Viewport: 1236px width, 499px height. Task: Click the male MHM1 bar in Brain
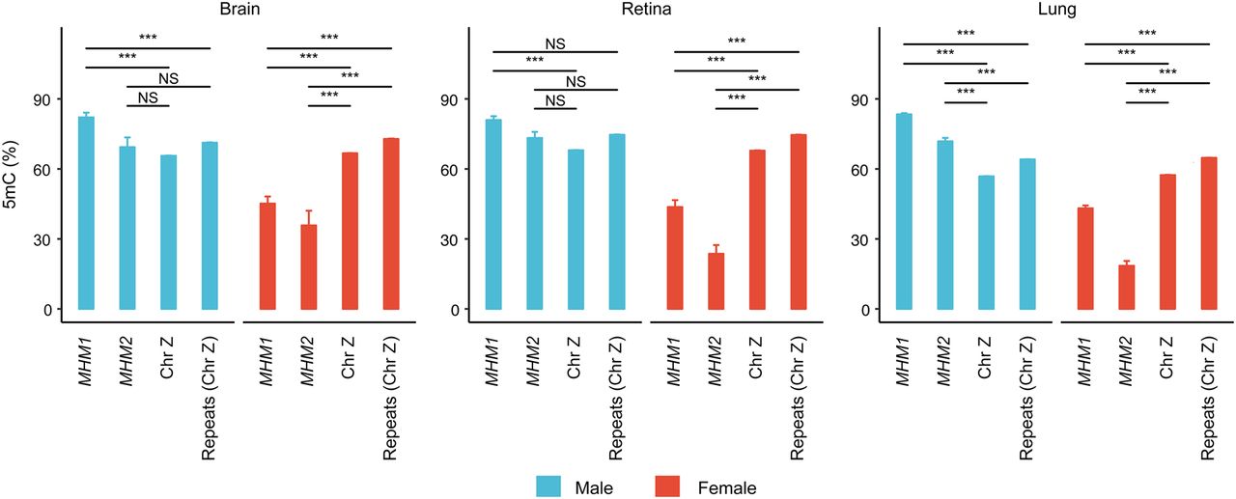(x=86, y=212)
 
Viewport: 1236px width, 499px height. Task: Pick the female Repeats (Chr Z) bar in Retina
(x=799, y=222)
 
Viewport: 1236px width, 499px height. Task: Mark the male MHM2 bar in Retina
(x=534, y=223)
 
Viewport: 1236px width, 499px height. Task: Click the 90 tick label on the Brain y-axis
(x=42, y=99)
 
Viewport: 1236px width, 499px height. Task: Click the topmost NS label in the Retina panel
(x=554, y=43)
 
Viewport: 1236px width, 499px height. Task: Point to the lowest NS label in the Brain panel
(x=148, y=97)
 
